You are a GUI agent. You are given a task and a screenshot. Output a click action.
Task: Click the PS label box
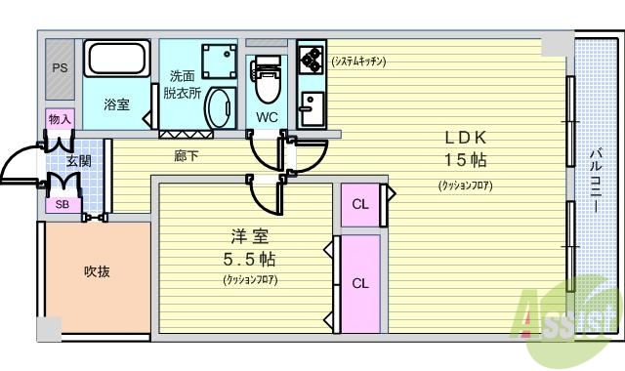click(58, 69)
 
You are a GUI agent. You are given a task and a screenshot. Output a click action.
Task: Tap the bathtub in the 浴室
click(115, 60)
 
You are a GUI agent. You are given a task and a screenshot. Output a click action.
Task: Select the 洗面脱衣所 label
click(182, 85)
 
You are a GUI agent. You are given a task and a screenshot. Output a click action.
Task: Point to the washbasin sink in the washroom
click(220, 107)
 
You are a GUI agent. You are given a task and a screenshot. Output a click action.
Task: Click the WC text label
click(267, 117)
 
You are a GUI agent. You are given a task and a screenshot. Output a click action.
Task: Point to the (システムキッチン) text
click(358, 61)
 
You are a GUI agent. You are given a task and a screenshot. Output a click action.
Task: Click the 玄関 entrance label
click(78, 160)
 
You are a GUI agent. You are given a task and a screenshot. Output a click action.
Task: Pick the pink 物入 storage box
click(60, 119)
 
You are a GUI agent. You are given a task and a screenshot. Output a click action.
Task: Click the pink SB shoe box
click(62, 205)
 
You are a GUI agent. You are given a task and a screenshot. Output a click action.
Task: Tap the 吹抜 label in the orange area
click(96, 271)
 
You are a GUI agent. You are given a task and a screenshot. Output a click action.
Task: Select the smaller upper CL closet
click(359, 204)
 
